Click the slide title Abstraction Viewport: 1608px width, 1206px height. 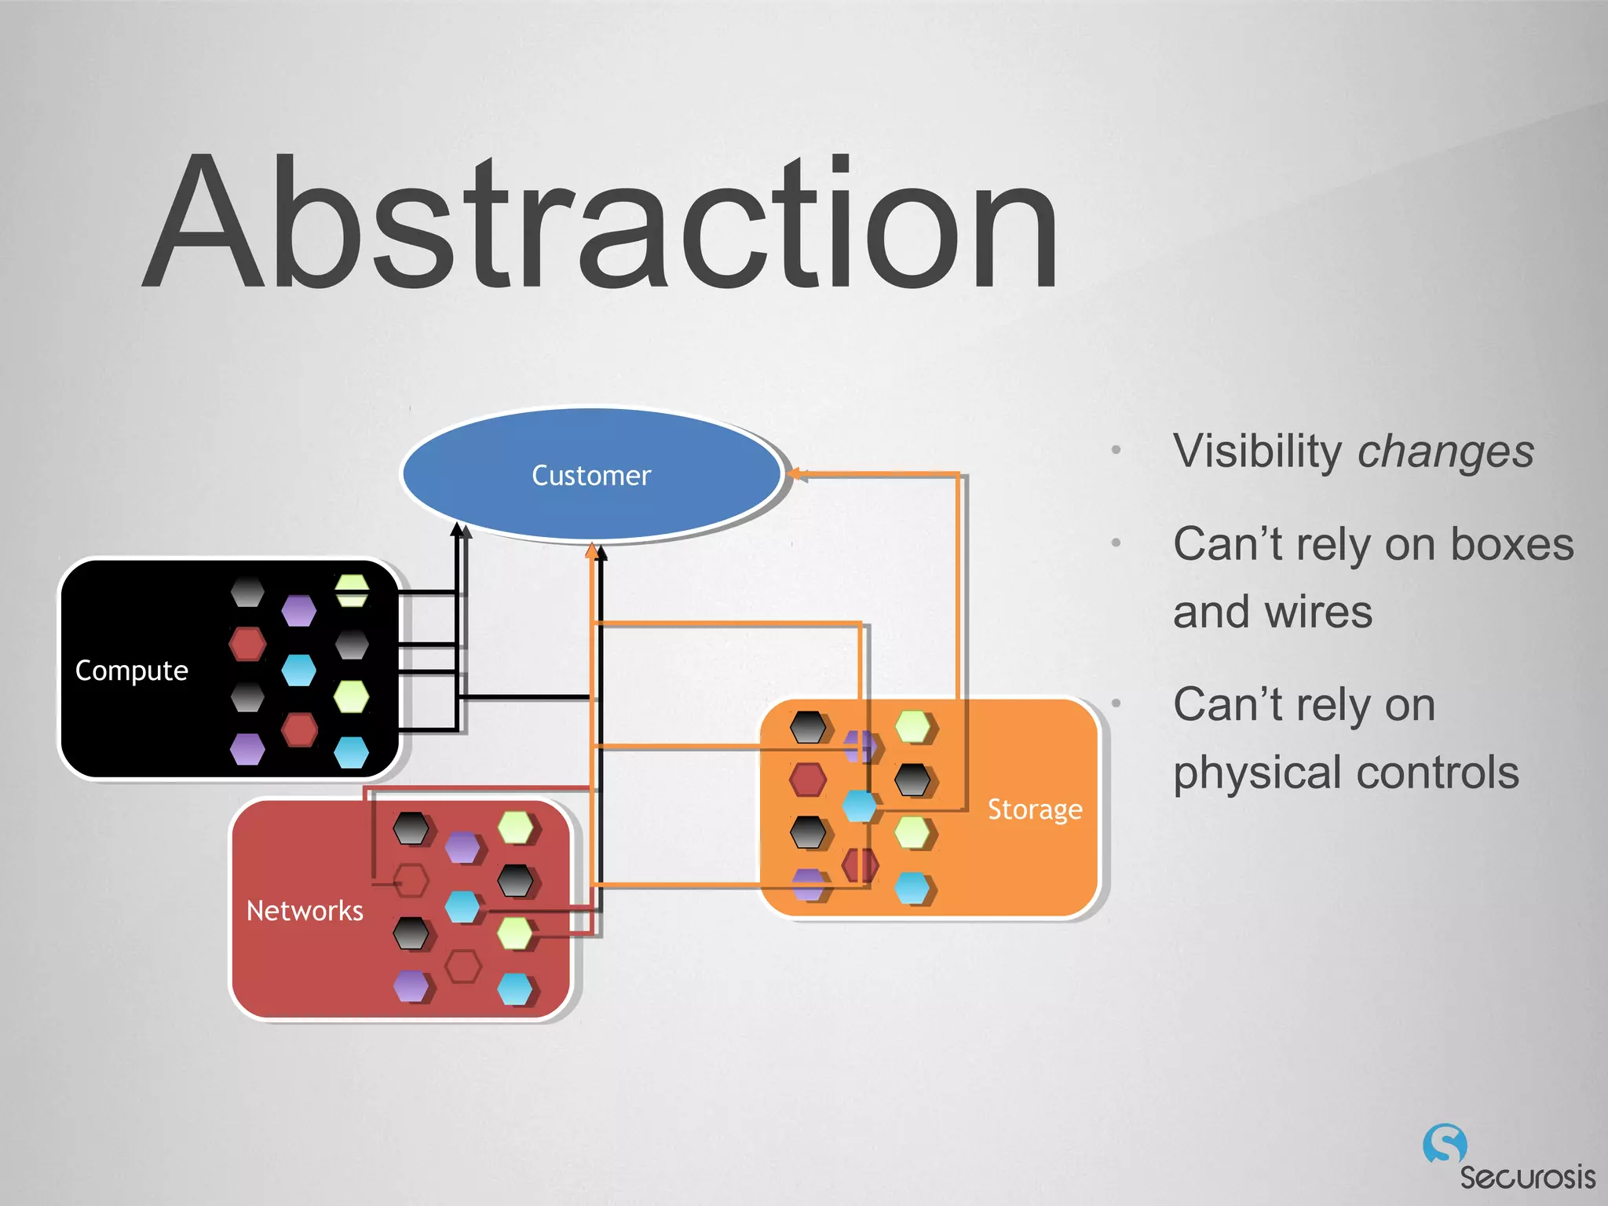coord(601,224)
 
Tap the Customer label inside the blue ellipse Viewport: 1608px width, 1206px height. coord(591,476)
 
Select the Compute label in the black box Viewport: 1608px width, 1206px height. coord(131,671)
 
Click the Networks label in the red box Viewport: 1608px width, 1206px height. coord(305,911)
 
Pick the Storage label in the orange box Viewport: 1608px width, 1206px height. coord(1034,809)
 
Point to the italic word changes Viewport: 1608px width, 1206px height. coord(1445,452)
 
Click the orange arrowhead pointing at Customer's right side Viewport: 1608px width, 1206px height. coord(794,473)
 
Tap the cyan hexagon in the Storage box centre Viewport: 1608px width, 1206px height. coord(859,806)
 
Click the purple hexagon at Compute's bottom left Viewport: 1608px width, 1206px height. coord(247,749)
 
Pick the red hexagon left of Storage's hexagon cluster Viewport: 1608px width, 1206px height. coord(807,780)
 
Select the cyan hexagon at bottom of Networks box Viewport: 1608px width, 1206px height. coord(515,989)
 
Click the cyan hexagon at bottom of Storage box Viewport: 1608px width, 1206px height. coord(912,888)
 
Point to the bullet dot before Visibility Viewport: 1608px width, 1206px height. coord(1116,451)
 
